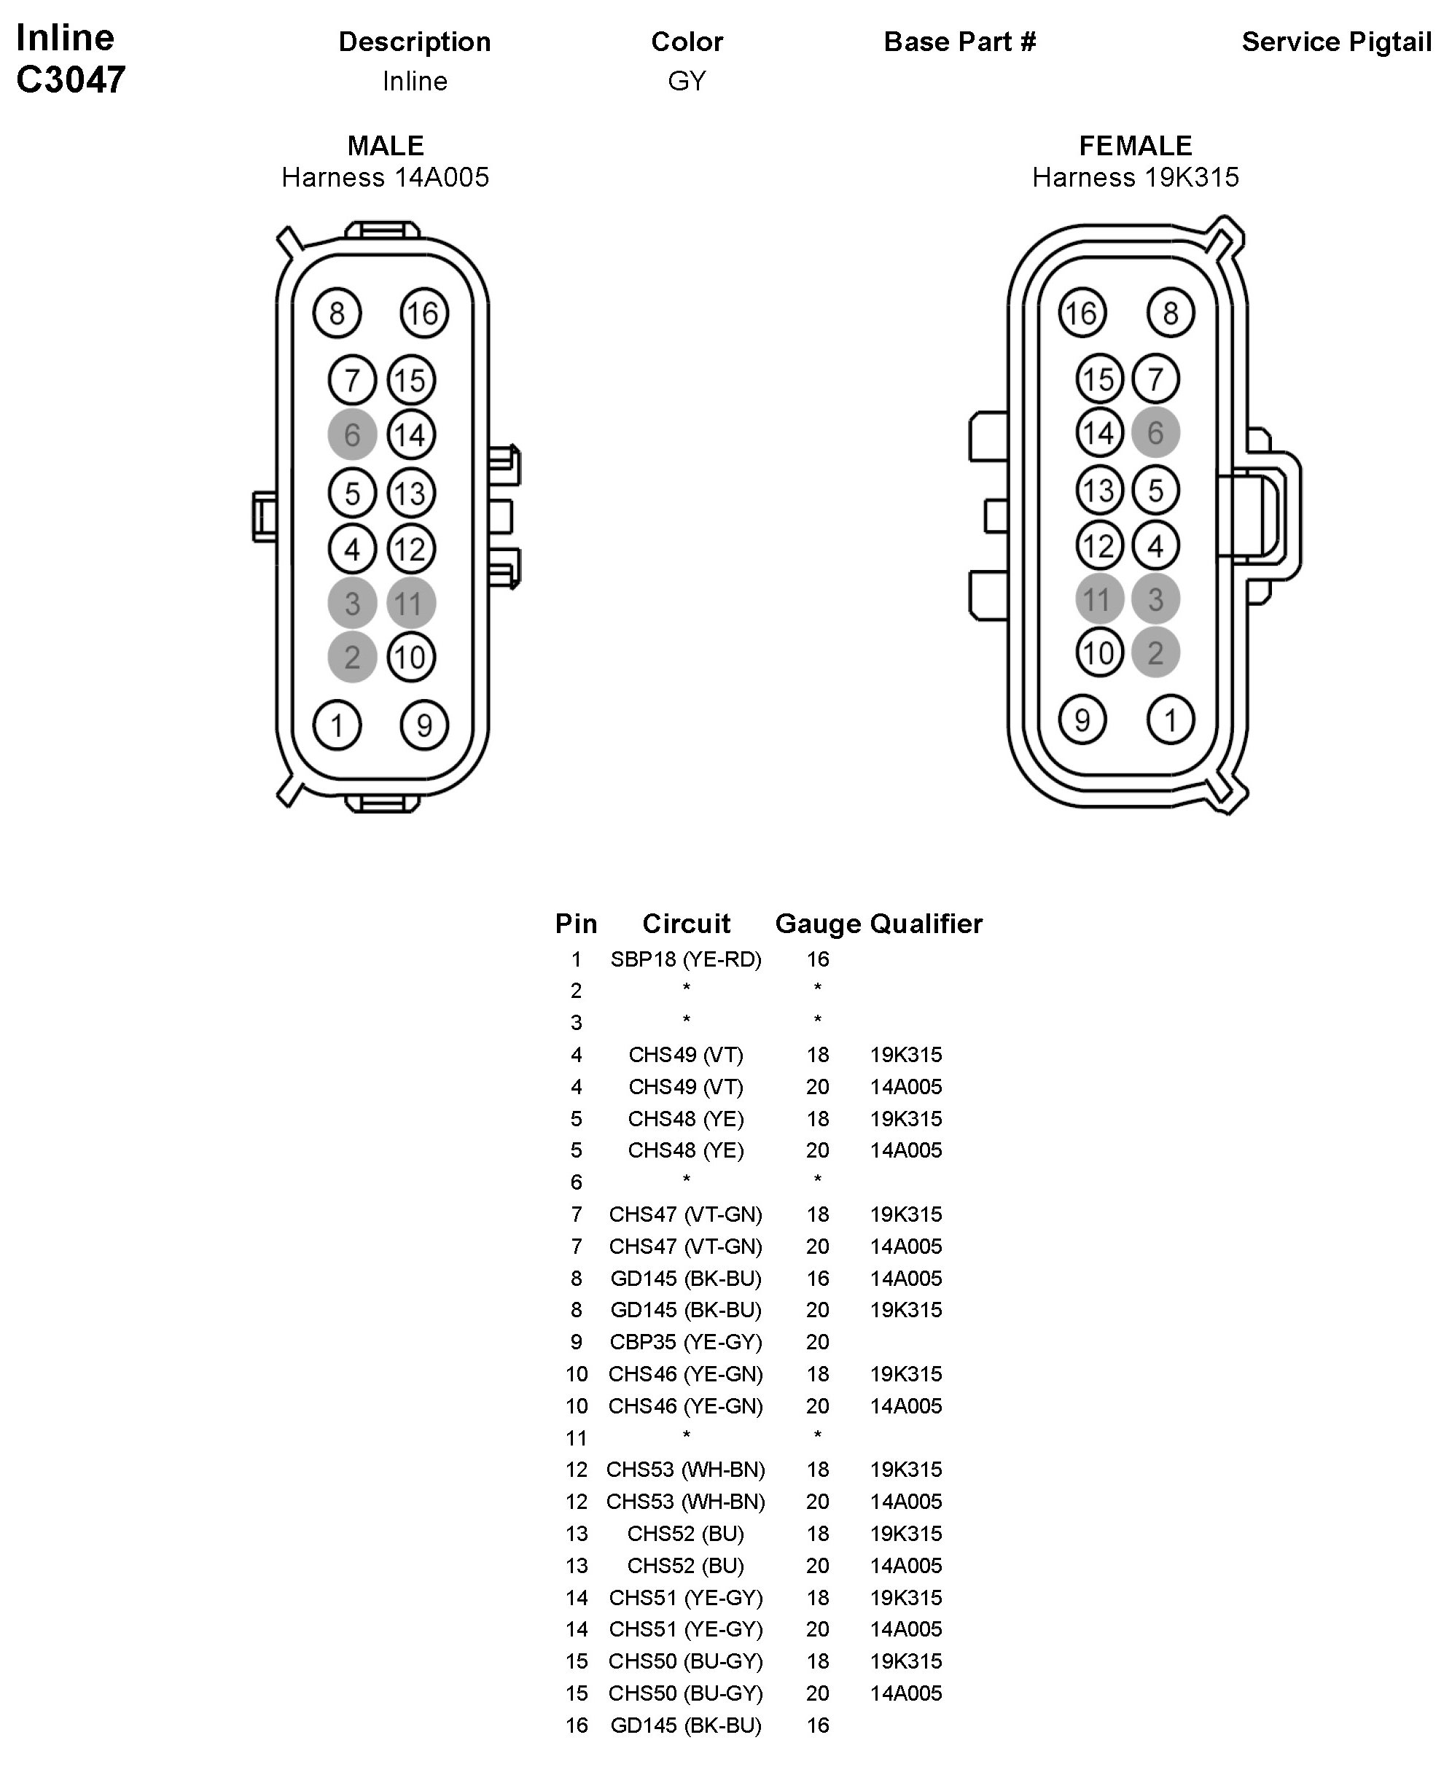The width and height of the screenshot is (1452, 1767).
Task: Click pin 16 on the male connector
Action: [424, 313]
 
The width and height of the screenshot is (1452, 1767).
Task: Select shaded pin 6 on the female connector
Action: [1155, 433]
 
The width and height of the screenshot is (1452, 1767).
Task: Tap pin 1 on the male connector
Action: [337, 725]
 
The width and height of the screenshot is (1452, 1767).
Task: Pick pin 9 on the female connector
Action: [1082, 719]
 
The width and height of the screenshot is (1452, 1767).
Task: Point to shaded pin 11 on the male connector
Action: [410, 603]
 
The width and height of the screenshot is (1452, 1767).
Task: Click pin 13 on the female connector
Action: [1099, 490]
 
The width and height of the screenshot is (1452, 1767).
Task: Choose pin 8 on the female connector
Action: [1170, 313]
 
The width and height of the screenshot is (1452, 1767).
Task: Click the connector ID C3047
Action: [71, 79]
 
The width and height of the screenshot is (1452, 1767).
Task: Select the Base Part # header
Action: [959, 42]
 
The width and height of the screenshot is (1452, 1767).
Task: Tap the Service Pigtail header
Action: [1336, 42]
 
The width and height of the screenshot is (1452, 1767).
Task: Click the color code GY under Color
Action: [687, 81]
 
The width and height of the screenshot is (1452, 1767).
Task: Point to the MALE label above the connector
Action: [386, 146]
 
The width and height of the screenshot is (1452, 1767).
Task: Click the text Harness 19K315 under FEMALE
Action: [1135, 177]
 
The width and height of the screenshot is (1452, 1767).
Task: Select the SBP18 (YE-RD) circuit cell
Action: [686, 959]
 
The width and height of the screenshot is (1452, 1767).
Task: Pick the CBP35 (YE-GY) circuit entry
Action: [686, 1342]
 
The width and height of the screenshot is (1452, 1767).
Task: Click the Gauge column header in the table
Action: [818, 923]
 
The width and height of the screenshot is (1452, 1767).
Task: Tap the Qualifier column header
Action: [926, 923]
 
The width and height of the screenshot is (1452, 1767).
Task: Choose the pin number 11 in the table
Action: [577, 1438]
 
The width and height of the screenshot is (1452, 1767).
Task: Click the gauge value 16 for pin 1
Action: [818, 959]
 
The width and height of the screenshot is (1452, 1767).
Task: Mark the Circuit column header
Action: [686, 923]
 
